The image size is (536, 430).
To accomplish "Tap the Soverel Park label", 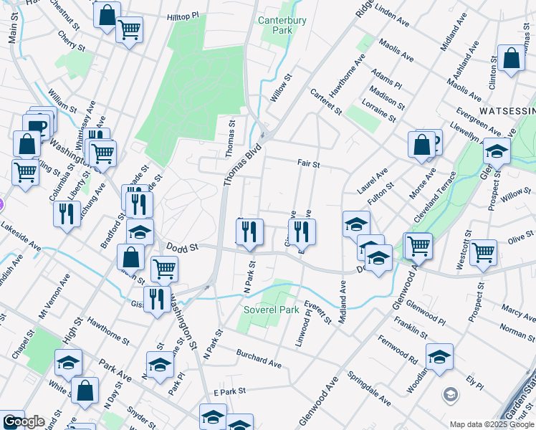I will [x=271, y=311].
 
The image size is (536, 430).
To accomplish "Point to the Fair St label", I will [x=308, y=163].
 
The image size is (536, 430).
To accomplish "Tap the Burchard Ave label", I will [x=259, y=360].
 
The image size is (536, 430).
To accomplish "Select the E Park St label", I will [x=230, y=392].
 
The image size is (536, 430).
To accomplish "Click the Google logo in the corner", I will [x=24, y=421].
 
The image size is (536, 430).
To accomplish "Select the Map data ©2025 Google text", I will [x=492, y=424].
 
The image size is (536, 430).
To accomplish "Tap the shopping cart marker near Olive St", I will [x=484, y=252].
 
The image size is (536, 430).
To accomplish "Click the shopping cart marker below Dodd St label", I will [x=165, y=269].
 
